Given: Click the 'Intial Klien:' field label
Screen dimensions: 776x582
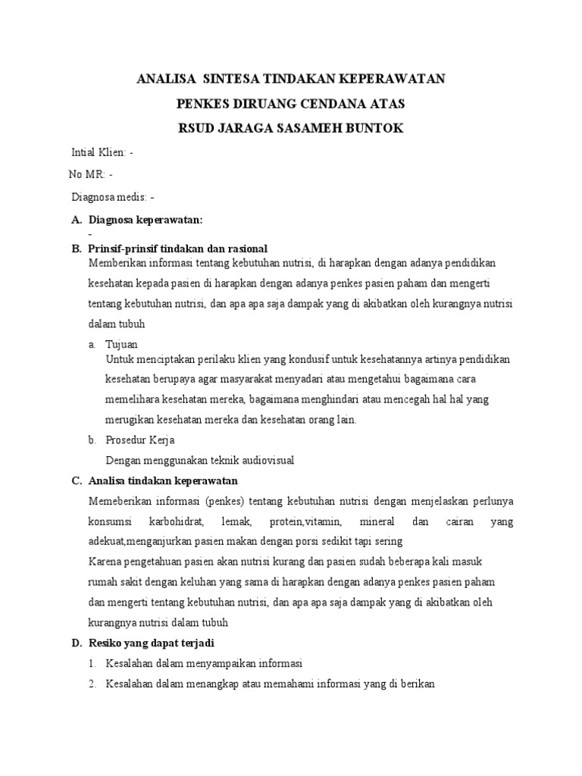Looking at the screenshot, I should tap(99, 152).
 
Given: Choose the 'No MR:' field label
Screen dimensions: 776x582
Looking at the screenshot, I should tap(87, 174).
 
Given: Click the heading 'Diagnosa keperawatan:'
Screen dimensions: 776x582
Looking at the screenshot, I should tap(145, 220).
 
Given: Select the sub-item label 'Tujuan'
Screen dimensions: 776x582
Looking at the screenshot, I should tap(121, 344).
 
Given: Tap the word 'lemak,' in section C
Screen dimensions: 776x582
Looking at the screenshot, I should tap(236, 522).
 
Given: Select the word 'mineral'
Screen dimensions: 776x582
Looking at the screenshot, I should tap(377, 522).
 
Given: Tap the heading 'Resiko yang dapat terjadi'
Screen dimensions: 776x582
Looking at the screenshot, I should tap(152, 643).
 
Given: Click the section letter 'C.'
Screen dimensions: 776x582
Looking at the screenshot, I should tap(77, 480).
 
